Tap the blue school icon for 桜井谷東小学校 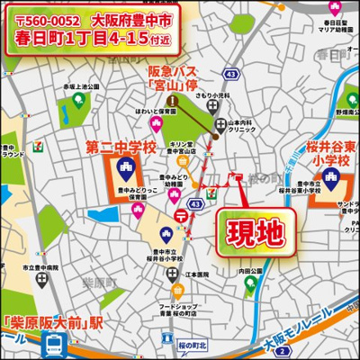pyautogui.click(x=332, y=185)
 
